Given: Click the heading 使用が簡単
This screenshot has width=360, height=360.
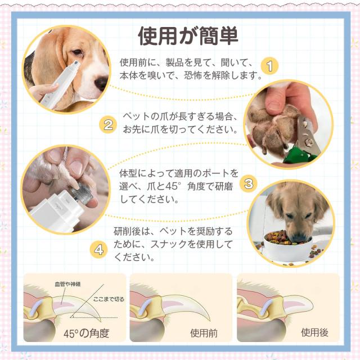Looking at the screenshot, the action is [x=188, y=37].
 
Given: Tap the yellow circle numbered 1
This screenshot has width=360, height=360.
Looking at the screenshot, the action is [x=270, y=66].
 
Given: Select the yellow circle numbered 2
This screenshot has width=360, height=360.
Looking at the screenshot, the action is [x=108, y=125].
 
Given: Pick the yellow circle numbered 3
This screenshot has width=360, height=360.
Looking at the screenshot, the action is [x=249, y=184].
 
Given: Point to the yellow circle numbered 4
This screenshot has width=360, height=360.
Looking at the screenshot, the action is [x=99, y=249].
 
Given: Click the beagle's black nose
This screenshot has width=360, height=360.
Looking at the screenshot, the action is [x=101, y=83].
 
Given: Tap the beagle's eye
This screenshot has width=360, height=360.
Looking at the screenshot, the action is [x=77, y=52].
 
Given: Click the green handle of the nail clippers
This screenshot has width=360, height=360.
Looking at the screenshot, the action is [x=297, y=155].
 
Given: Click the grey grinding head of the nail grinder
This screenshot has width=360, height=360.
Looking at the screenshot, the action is [x=82, y=192].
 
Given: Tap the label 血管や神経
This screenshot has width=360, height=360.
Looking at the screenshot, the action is [x=67, y=284].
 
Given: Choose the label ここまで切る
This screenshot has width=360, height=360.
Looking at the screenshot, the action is [x=109, y=299].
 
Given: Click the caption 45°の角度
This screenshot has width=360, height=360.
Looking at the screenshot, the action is [x=87, y=333].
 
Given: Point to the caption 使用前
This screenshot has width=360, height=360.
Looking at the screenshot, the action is [x=204, y=333].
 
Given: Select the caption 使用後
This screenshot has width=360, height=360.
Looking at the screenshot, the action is [x=314, y=332].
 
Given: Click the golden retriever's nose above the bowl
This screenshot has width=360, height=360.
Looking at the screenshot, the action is [x=299, y=238].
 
